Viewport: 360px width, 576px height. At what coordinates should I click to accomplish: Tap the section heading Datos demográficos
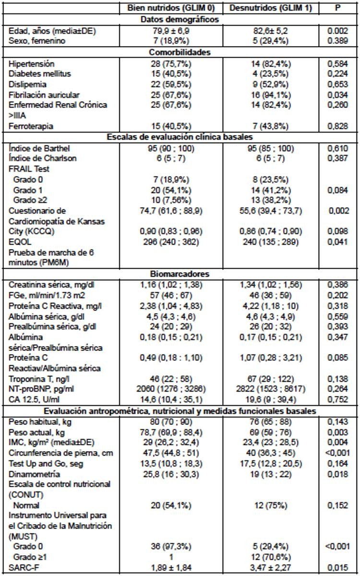point(180,20)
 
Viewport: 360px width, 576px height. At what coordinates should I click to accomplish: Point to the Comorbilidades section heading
point(180,52)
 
